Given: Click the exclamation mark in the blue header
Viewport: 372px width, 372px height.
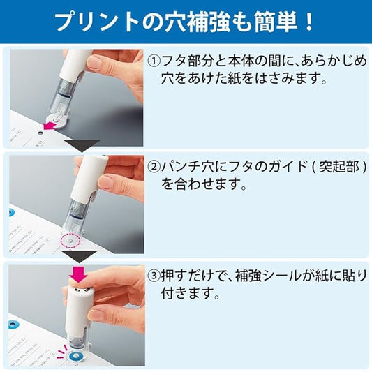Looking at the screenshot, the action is pos(308,22).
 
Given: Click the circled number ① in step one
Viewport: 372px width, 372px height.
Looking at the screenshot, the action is pos(154,61).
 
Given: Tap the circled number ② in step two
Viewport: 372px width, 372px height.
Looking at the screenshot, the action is pos(154,168).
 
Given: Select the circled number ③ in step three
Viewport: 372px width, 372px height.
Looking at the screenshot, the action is pos(154,276).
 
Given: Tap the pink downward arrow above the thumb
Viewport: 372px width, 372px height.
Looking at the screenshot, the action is pos(78,275).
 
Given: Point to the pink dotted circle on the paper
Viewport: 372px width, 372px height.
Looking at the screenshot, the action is pos(70,241).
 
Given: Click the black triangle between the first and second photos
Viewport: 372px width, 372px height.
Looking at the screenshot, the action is pos(82,145).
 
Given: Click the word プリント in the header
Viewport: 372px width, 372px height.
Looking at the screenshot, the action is pos(98,22).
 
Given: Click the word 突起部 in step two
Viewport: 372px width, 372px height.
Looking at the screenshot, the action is pos(339,167).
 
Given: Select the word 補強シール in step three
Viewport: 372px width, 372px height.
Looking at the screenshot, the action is pos(267,276).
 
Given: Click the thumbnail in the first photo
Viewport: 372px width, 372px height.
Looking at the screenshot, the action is pos(94,61).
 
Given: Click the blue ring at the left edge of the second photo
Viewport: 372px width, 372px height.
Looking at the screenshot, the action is pos(10,213).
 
